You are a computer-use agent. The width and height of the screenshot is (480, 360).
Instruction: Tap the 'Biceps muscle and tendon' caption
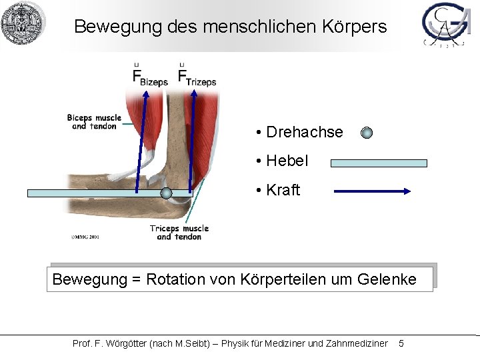tap(94, 122)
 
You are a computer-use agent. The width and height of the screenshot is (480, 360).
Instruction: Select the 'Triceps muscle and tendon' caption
tap(179, 232)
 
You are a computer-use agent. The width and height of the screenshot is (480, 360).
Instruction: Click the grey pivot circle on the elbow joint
tap(167, 193)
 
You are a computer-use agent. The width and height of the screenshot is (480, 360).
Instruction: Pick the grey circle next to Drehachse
tap(367, 133)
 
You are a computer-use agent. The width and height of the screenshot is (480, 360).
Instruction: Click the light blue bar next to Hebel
tap(379, 163)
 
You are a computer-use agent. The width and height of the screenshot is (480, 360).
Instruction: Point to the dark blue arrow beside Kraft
tap(372, 191)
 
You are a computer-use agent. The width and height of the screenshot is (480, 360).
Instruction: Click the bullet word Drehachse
tap(304, 132)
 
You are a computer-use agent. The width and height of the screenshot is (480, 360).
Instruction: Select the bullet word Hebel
tap(287, 161)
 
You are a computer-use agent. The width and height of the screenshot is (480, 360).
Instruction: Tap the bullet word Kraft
tap(283, 190)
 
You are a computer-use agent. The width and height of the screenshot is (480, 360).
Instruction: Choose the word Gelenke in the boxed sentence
tap(386, 279)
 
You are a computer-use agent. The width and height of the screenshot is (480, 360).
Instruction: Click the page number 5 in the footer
tap(401, 343)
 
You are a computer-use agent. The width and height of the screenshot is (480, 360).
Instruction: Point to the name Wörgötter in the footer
tap(126, 343)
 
